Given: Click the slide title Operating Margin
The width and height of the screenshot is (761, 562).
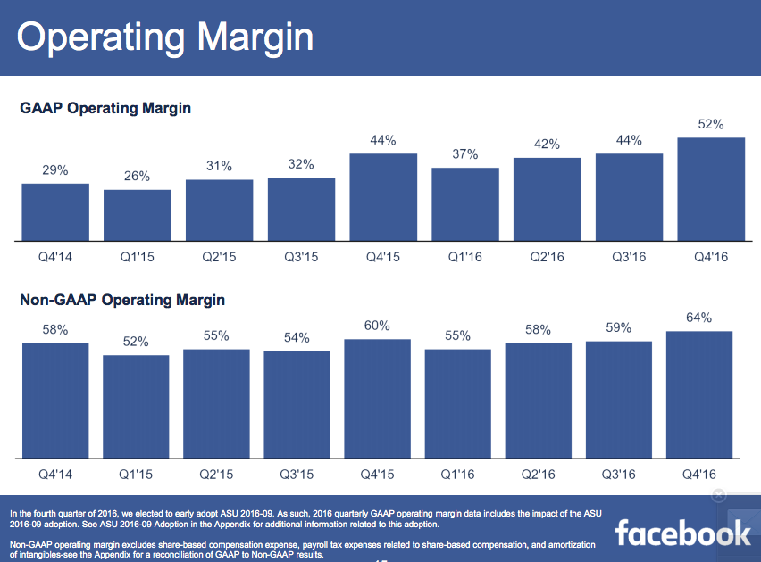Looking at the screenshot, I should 165,37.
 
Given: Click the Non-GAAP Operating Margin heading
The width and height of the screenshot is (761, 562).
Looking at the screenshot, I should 122,300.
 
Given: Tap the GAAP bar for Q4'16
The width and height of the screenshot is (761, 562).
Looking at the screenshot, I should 712,188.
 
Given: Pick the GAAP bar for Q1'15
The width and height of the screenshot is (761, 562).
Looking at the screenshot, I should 138,214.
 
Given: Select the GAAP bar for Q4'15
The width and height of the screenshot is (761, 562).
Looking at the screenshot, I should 383,196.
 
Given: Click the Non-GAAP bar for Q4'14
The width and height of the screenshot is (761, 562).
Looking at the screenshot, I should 55,400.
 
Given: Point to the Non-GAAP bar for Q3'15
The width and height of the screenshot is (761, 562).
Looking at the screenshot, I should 297,403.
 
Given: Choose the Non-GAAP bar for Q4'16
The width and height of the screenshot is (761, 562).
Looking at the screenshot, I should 698,393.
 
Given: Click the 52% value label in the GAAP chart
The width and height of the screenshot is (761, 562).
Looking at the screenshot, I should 712,124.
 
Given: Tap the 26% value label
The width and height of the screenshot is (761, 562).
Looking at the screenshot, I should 138,177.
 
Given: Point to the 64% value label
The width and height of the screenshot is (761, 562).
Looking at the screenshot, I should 698,318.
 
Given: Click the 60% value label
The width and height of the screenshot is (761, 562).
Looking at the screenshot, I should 377,326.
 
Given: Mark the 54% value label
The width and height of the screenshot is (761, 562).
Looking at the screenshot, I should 297,337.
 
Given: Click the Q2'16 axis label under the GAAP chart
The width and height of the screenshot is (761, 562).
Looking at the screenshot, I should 547,257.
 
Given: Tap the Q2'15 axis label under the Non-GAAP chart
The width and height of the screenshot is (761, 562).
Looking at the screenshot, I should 216,474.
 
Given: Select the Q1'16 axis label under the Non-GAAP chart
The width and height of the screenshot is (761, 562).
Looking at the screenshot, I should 457,474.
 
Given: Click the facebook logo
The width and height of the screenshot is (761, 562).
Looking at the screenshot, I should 682,533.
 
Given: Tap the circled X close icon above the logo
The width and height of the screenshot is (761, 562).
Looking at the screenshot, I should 719,496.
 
